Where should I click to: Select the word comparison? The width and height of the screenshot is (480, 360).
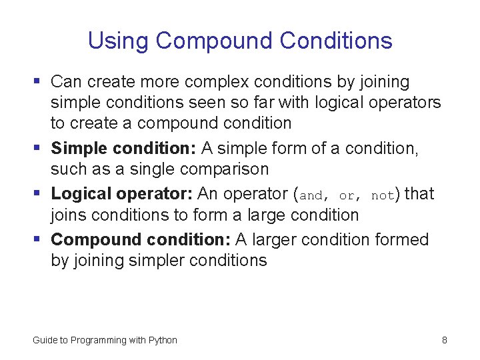click(227, 169)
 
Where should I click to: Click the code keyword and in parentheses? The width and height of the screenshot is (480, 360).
click(311, 196)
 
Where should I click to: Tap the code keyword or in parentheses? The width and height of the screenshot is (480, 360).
click(347, 196)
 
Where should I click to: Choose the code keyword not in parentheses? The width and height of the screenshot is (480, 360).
click(383, 196)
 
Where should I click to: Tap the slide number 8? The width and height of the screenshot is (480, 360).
click(444, 340)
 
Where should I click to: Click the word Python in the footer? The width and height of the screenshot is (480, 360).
click(163, 340)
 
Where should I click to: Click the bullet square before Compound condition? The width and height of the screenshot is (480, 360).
click(37, 239)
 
